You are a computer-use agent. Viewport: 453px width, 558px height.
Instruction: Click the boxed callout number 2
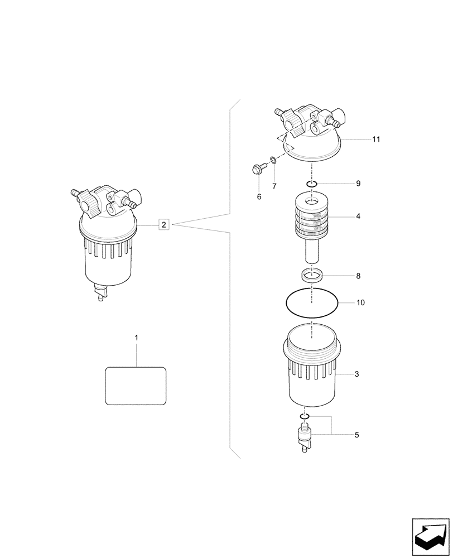(163, 225)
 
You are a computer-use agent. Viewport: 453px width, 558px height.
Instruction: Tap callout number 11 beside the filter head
(376, 139)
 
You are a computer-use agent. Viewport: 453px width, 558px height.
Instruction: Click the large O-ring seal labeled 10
(312, 303)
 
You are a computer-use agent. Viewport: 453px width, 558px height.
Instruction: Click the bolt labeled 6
(258, 167)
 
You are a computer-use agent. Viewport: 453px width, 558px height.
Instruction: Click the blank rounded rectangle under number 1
(136, 386)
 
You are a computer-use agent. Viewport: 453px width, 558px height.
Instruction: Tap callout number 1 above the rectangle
(136, 338)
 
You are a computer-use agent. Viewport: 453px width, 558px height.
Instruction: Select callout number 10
(360, 303)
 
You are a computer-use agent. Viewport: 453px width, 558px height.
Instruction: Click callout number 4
(358, 215)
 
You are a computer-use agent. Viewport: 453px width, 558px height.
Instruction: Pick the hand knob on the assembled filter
(89, 203)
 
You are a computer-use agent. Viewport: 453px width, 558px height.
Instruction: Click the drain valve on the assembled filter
(101, 292)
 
